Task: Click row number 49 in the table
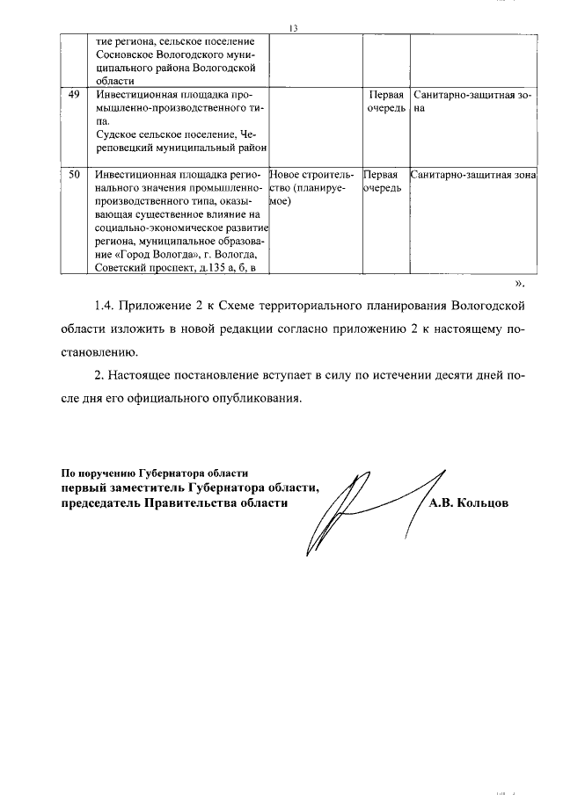tap(75, 95)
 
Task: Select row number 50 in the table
tap(75, 175)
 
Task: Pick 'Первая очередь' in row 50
tap(384, 182)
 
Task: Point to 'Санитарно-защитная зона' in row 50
tap(473, 175)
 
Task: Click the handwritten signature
tap(361, 508)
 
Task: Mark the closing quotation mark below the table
tap(518, 284)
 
